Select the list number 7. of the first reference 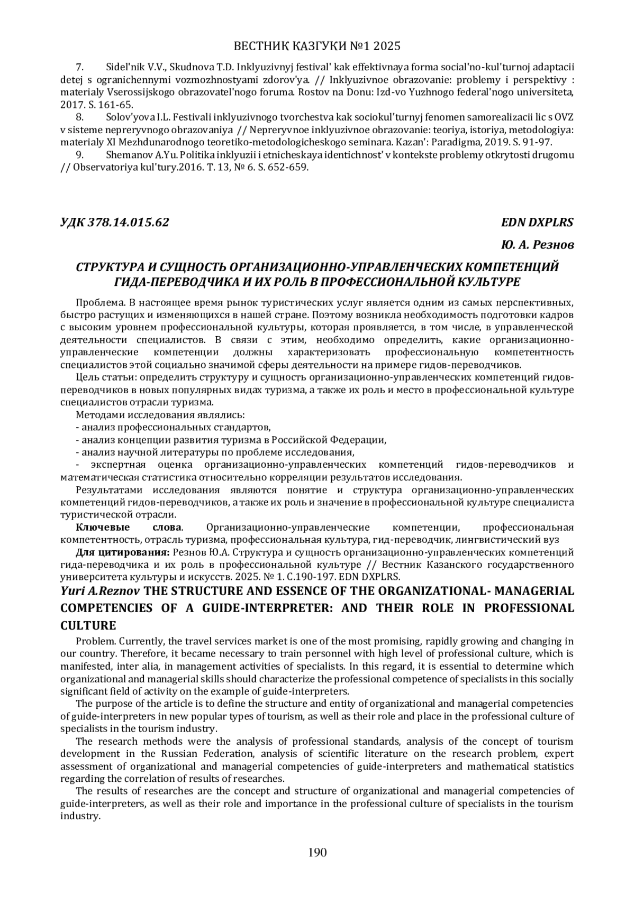coord(80,67)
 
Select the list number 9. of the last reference coord(80,155)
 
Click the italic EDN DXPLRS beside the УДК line coord(537,222)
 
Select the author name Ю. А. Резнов coord(537,245)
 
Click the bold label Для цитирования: coord(122,552)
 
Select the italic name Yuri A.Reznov coord(97,590)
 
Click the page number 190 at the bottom coord(317,852)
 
